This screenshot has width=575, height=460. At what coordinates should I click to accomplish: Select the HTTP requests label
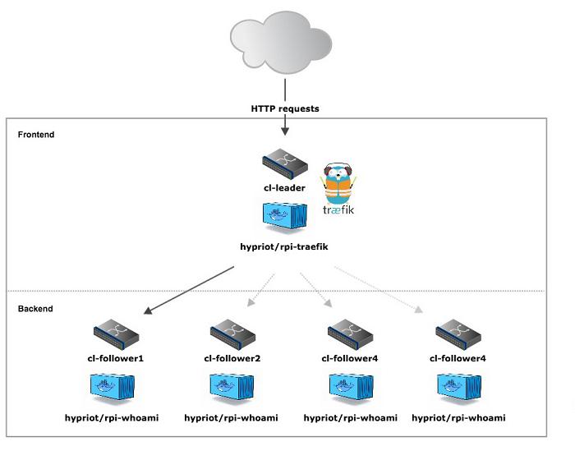click(x=285, y=108)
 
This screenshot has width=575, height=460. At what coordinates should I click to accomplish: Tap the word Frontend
click(x=36, y=133)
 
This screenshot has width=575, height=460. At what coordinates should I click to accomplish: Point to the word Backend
click(x=35, y=308)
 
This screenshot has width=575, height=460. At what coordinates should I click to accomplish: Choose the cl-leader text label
click(x=283, y=188)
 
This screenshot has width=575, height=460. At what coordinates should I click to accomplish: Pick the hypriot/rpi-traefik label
click(x=284, y=245)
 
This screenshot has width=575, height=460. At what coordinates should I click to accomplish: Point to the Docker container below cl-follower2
click(x=231, y=387)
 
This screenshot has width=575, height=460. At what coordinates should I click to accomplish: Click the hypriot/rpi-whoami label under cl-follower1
click(x=112, y=417)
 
